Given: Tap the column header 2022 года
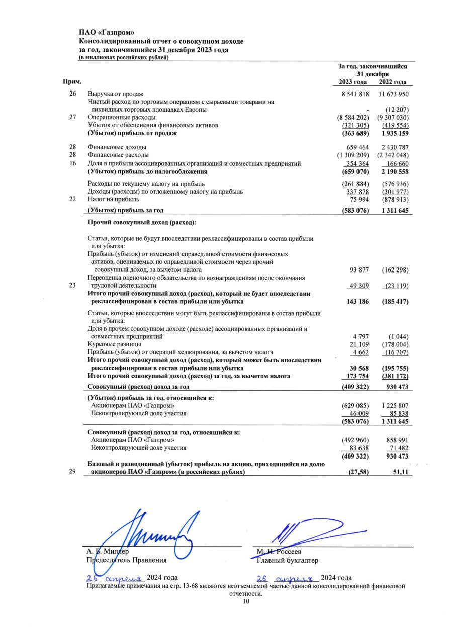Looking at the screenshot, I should tap(393, 82).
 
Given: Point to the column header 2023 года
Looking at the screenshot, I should tap(353, 82).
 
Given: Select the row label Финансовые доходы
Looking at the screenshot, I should tap(117, 147).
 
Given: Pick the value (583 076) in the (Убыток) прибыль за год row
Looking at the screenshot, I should tap(355, 210).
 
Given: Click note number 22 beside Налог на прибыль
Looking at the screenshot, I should tap(73, 199).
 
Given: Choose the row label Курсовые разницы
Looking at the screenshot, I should tap(114, 344).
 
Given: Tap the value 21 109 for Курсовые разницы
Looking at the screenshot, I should tap(359, 344).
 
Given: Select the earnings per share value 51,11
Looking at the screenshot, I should tap(398, 473).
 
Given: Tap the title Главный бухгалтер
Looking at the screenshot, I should tap(287, 560).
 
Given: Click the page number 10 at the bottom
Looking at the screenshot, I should tap(246, 601).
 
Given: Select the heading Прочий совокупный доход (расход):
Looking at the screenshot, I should tap(142, 222).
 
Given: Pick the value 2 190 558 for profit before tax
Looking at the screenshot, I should tap(393, 171).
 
